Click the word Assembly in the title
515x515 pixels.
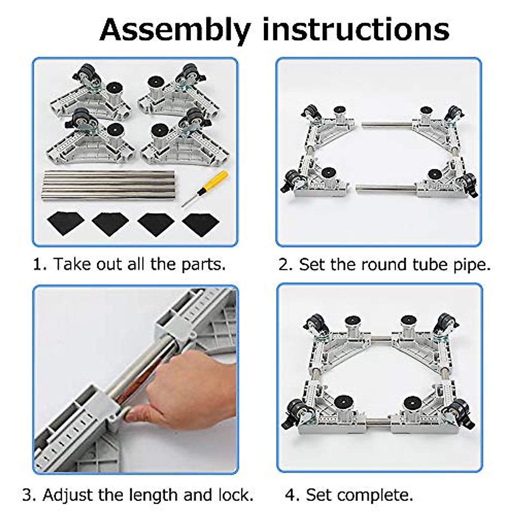(x=175, y=30)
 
